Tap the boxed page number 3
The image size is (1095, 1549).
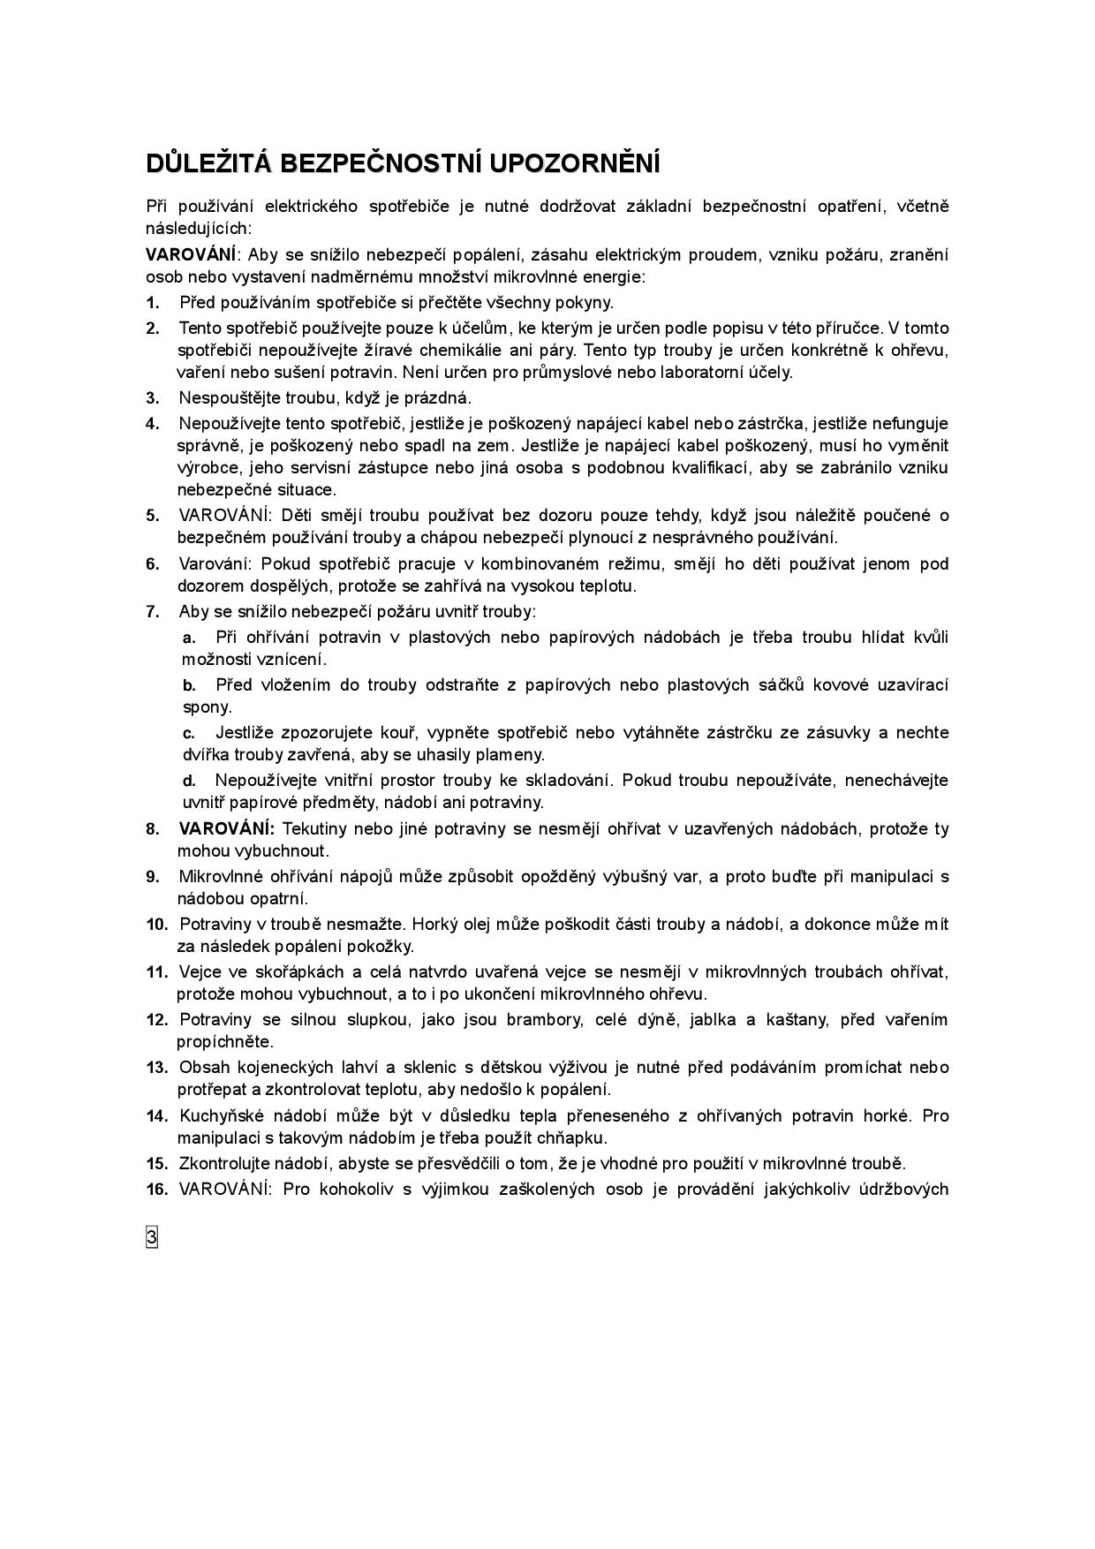[152, 1238]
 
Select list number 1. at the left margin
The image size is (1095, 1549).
[153, 303]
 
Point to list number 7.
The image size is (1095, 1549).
[153, 612]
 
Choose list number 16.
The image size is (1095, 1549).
[156, 1189]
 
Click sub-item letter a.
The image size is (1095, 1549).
[189, 638]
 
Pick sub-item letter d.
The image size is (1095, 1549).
[189, 781]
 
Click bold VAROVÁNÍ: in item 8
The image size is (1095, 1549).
[227, 829]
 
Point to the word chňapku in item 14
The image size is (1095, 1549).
[576, 1137]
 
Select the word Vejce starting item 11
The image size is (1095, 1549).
[198, 972]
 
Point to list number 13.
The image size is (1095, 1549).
[156, 1068]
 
